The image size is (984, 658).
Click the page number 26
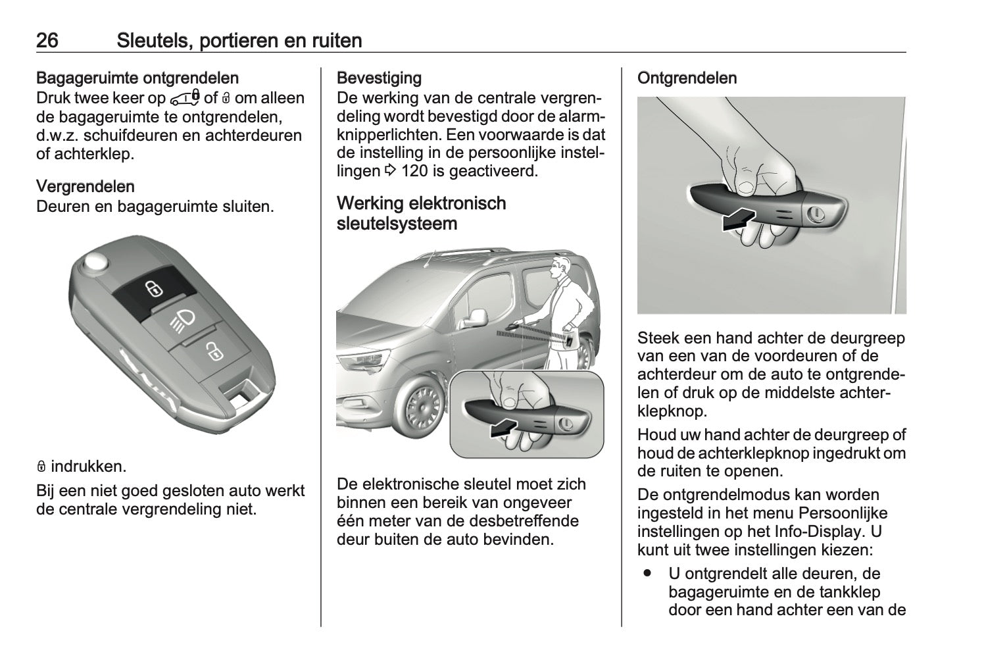tap(47, 41)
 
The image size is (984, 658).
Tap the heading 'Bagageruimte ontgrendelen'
tap(137, 78)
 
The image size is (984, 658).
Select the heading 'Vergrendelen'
tap(86, 186)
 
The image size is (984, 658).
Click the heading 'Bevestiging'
tap(379, 78)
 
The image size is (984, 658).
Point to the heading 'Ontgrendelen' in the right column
tap(687, 78)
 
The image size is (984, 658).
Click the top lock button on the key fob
tap(153, 288)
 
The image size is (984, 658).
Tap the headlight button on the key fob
tap(184, 320)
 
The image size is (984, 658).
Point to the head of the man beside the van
tap(561, 267)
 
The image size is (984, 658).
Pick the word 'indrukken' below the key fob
tap(87, 467)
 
